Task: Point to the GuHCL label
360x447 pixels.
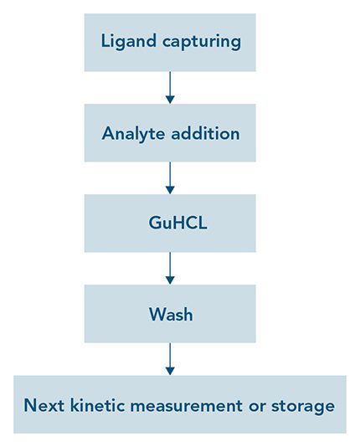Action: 170,224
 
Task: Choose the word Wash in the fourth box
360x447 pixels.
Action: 170,315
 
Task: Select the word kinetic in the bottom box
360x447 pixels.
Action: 100,405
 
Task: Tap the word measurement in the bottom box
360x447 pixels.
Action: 193,405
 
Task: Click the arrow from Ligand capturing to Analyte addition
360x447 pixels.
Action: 170,87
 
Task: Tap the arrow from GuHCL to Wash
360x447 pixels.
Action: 170,268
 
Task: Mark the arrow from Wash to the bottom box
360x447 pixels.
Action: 170,357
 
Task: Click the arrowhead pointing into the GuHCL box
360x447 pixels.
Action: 170,189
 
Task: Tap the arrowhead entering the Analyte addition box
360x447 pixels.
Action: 170,99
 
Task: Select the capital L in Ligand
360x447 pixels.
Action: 105,40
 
